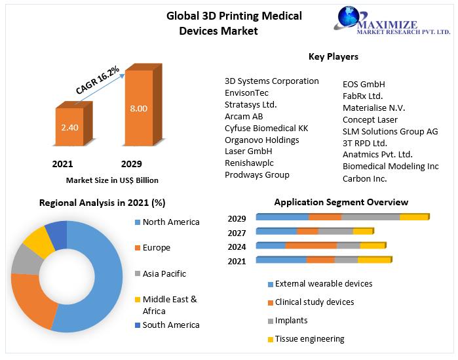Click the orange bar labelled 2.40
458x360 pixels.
click(x=69, y=126)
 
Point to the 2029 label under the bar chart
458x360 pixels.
click(x=131, y=163)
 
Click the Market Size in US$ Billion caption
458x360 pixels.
click(x=112, y=180)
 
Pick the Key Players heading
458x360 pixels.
click(x=333, y=57)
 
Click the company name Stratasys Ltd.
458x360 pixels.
click(x=250, y=104)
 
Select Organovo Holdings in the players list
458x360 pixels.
click(x=261, y=140)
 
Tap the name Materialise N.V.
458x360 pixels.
click(x=373, y=108)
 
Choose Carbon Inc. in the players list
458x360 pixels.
click(x=364, y=178)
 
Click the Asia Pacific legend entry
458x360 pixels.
click(x=164, y=273)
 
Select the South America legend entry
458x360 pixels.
click(x=170, y=325)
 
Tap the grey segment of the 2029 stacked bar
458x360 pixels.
click(x=370, y=217)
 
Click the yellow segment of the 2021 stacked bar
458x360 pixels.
click(x=374, y=260)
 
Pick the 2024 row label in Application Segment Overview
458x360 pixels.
click(x=237, y=247)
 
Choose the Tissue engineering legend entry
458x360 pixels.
click(x=309, y=339)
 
